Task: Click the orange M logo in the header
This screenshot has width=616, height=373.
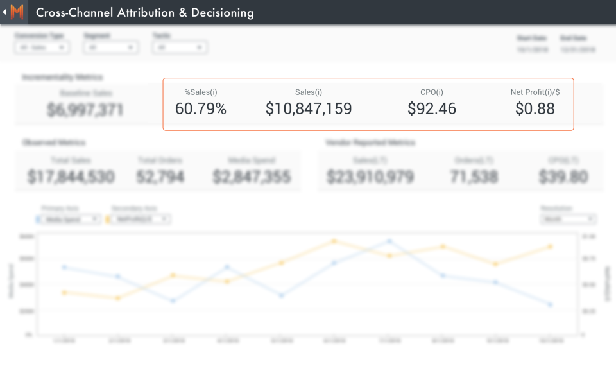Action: [x=17, y=12]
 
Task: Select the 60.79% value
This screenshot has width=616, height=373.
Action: [x=201, y=109]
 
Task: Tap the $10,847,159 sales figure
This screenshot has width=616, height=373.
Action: [x=309, y=109]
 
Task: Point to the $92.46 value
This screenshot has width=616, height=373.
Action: [x=432, y=109]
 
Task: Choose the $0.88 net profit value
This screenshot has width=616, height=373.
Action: [x=535, y=109]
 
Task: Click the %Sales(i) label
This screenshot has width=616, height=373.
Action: [x=201, y=92]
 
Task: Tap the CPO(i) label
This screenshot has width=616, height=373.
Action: [x=432, y=92]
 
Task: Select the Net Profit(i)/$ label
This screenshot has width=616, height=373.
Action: [x=535, y=92]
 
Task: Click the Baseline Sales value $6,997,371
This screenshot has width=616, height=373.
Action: [x=85, y=110]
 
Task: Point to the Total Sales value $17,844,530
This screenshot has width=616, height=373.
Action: [x=71, y=177]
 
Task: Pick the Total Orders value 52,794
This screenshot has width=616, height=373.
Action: [x=160, y=177]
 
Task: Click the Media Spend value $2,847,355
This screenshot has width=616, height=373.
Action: [x=252, y=177]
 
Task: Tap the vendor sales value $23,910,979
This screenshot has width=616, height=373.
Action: [x=370, y=177]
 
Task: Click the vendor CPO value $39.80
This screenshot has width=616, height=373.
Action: [x=563, y=177]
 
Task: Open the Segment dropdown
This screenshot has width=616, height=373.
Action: [x=111, y=48]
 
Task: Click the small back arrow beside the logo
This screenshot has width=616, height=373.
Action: [x=4, y=12]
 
